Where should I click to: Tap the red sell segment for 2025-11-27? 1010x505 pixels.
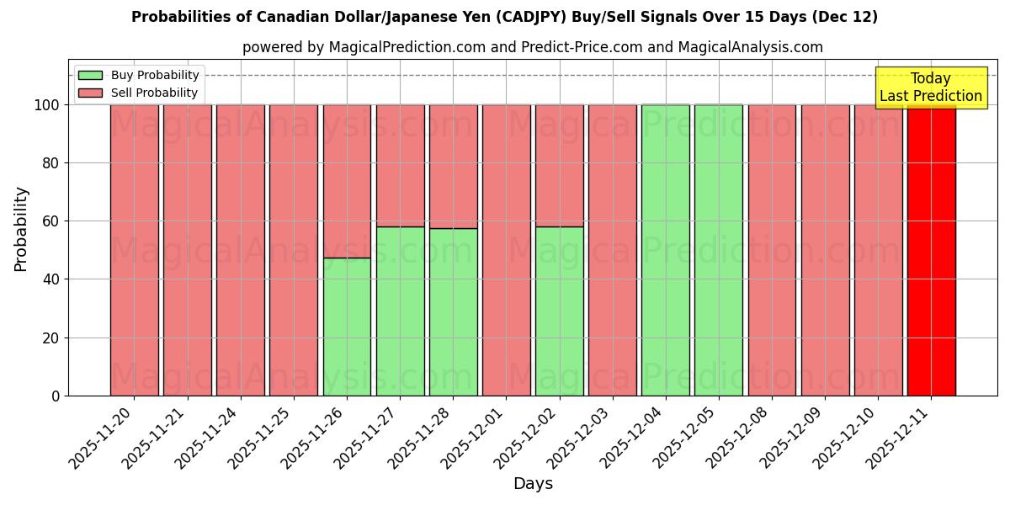400,165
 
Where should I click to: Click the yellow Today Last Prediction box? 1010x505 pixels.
931,88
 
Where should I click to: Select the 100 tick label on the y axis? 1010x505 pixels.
46,105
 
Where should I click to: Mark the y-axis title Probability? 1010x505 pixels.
21,229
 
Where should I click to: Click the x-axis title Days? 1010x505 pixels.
533,484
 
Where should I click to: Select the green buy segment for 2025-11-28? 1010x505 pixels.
453,311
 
